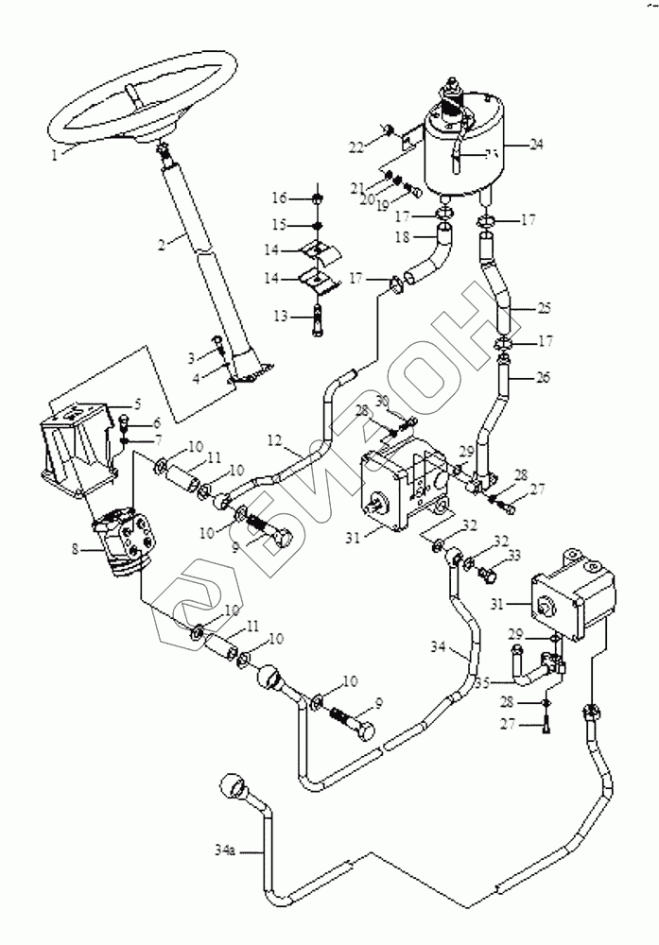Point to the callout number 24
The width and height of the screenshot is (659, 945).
click(536, 145)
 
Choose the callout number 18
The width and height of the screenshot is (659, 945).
click(401, 238)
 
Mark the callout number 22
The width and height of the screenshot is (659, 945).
click(356, 146)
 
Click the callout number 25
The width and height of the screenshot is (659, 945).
click(542, 309)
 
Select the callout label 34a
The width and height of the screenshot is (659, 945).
click(225, 850)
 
